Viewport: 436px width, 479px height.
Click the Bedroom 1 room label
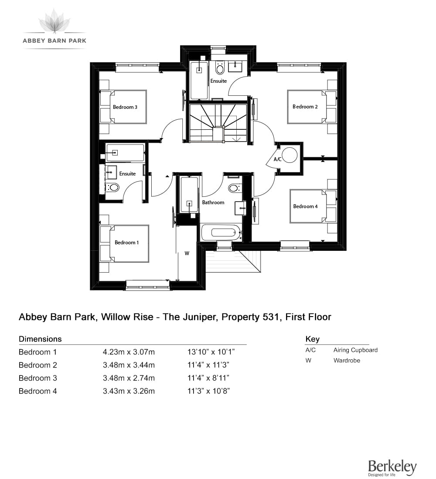tap(126, 243)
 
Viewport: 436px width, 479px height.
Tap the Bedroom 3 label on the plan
tap(125, 107)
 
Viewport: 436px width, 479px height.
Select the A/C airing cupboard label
tap(277, 159)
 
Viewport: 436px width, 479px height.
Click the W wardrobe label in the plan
tap(187, 253)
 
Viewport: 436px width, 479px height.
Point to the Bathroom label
tap(213, 202)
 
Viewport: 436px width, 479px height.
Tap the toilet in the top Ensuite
tap(220, 68)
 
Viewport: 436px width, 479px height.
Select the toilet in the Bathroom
tap(235, 188)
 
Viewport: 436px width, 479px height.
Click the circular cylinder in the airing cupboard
tap(290, 155)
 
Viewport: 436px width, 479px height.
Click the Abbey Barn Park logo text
tap(54, 40)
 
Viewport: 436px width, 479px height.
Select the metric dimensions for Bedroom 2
tap(129, 365)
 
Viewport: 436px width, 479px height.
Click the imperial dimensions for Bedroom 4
tap(209, 391)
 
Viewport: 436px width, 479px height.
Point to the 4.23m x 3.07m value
tap(129, 352)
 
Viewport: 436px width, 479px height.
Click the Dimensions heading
tap(40, 339)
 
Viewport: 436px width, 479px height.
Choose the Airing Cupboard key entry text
tap(355, 350)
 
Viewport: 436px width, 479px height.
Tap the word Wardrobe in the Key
tap(347, 361)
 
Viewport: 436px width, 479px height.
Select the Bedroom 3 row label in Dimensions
tap(38, 378)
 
